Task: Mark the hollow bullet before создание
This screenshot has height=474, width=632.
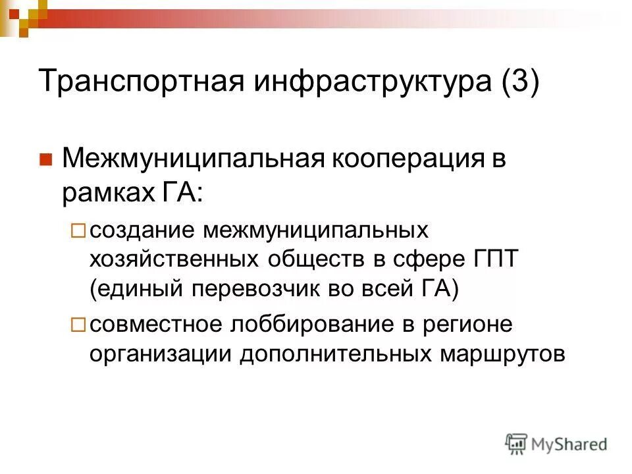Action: tap(78, 231)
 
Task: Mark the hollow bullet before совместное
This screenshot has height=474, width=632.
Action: tap(78, 325)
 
